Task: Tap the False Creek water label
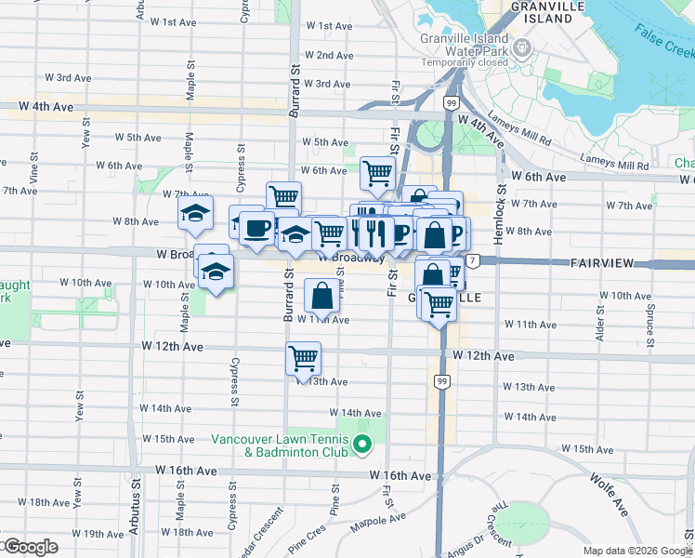663,39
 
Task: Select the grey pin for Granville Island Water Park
523,46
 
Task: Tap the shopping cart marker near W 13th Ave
303,358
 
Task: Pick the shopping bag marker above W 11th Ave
321,296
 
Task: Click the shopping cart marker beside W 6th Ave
377,172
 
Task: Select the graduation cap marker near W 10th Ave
216,272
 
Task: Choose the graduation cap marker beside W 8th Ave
195,214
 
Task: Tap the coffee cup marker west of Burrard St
256,227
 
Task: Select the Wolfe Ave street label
605,492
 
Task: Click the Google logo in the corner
30,547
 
